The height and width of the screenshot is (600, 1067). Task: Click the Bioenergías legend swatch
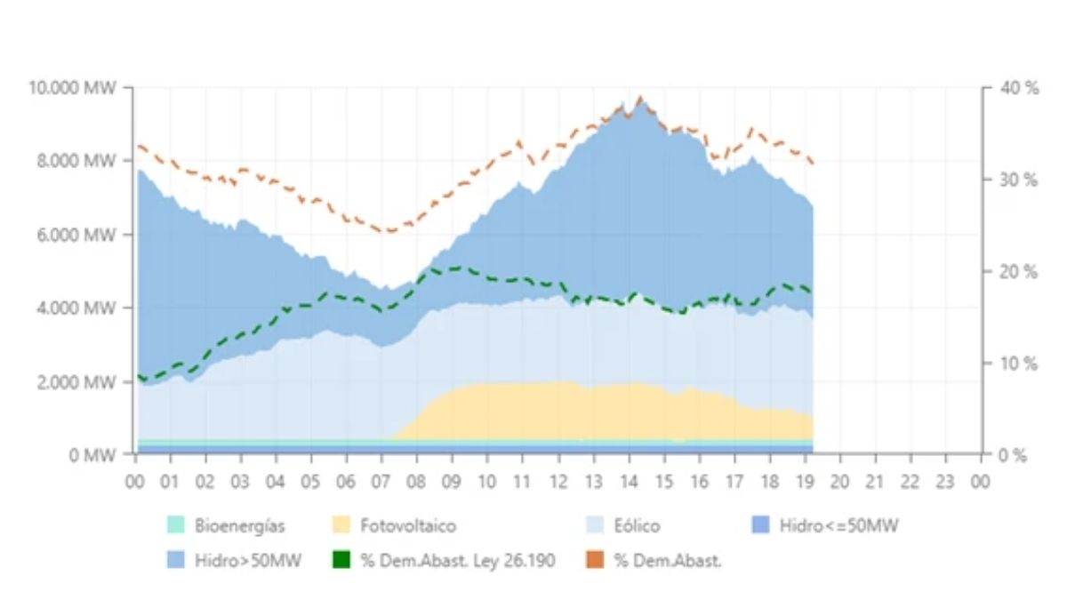[176, 526]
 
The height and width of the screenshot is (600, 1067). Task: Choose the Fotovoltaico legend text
[408, 526]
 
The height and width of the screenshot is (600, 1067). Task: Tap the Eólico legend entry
[637, 526]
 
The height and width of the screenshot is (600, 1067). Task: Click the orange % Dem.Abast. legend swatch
[594, 562]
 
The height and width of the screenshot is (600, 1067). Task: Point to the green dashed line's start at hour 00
[138, 376]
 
